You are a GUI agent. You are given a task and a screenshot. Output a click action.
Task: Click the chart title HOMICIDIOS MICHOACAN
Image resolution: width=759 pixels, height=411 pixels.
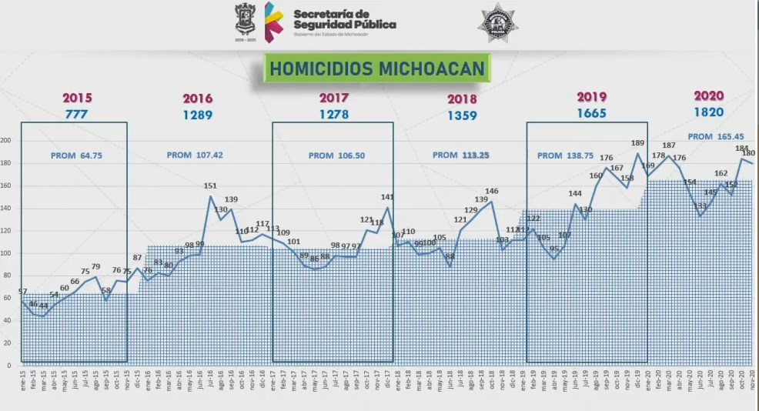pos(377,69)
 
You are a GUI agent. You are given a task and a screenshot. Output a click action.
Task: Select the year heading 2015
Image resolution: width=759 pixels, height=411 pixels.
pos(77,98)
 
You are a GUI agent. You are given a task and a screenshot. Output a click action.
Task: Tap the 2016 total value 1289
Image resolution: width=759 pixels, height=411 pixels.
pos(198,115)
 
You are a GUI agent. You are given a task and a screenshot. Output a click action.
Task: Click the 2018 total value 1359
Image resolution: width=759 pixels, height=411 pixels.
pos(461,115)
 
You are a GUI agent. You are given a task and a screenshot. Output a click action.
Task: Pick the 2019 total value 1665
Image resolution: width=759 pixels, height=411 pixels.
pos(591,113)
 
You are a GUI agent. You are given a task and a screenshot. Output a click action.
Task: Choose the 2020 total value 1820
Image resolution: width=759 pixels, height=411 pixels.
pos(708,112)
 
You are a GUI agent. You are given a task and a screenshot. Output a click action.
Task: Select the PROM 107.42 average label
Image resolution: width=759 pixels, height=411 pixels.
pos(195,155)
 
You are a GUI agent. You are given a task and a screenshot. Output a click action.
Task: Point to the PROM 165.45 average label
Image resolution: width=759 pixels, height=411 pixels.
pos(715,136)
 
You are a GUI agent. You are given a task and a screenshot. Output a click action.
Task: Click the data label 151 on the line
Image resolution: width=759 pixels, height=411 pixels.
pos(210,186)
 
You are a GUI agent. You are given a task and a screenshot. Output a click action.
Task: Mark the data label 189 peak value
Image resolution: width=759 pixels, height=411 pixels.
pos(638,143)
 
